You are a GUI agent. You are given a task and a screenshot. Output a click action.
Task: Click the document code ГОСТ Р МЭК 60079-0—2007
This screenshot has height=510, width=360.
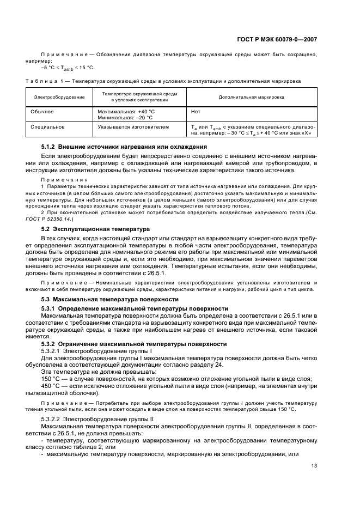click(286, 39)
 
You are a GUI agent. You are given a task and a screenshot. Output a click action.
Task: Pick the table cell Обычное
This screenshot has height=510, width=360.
click(44, 111)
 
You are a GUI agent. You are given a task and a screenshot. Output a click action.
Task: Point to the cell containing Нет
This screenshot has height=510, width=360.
click(196, 111)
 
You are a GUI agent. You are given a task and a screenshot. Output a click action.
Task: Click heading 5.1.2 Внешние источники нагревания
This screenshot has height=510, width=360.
click(124, 147)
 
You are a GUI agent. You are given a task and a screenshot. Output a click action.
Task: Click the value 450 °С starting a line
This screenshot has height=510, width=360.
click(53, 386)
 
